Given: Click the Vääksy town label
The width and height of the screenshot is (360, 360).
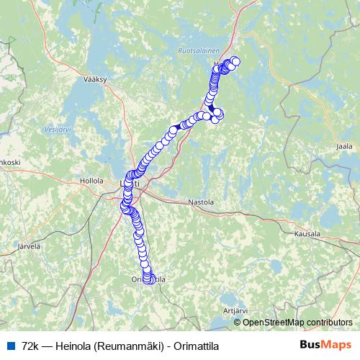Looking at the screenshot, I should [95, 80].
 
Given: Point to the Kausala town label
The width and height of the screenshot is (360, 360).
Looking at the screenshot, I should [307, 234].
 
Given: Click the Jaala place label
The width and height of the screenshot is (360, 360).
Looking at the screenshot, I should [344, 146].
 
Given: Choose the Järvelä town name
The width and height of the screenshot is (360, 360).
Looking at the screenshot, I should [27, 246].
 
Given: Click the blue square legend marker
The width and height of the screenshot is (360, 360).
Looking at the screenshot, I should [12, 345].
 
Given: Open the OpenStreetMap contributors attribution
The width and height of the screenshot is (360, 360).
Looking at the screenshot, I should [297, 322].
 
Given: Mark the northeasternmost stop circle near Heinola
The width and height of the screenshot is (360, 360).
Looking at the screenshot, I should [235, 60].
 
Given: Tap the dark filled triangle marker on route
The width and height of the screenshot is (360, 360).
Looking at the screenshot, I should [179, 125].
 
